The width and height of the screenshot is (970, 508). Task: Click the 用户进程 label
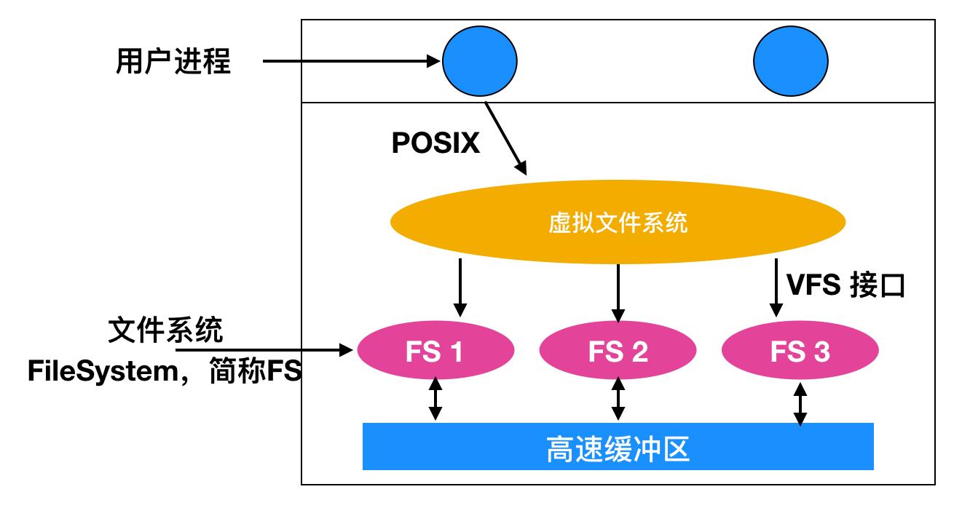tap(173, 63)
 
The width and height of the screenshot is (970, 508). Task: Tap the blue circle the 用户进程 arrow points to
tap(479, 61)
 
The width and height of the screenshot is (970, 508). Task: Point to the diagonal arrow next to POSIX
tap(507, 138)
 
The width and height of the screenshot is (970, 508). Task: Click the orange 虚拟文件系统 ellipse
tap(618, 223)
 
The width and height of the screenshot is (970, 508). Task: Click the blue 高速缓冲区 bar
tap(618, 446)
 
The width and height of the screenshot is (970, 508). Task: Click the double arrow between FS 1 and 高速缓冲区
tap(435, 399)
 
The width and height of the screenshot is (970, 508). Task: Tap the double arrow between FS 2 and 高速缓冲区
tap(618, 399)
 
